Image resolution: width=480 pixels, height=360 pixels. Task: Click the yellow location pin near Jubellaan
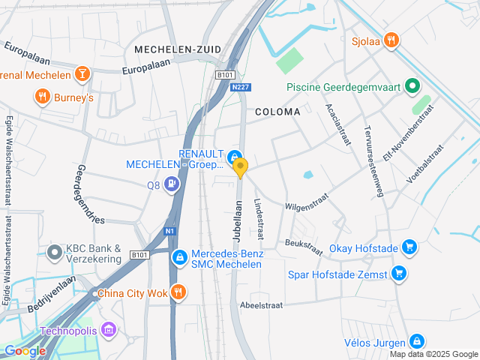(240, 167)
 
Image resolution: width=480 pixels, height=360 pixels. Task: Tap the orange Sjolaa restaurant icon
(390, 40)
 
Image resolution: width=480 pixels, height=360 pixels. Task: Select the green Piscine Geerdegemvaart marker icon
(411, 87)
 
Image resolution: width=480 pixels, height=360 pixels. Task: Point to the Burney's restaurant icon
(42, 97)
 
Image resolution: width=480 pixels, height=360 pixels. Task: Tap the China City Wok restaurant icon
(178, 292)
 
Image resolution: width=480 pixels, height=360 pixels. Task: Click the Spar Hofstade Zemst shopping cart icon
(400, 274)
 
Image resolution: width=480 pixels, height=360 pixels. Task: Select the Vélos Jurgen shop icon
(416, 342)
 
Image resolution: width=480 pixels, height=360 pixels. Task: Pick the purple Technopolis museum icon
(109, 329)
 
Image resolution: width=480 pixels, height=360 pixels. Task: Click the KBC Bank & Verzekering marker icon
(54, 253)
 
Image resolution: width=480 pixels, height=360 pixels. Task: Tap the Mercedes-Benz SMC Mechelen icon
(179, 258)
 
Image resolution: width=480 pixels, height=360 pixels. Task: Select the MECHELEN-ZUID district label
(178, 49)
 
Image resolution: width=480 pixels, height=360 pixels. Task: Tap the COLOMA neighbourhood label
(277, 112)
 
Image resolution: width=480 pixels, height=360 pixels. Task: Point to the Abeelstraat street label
(260, 305)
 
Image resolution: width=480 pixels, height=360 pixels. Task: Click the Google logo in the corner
(25, 351)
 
